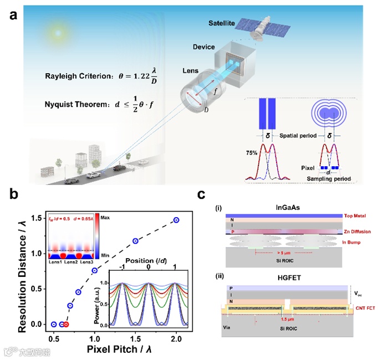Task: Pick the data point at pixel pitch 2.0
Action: click(177, 220)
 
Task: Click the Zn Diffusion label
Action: click(349, 231)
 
